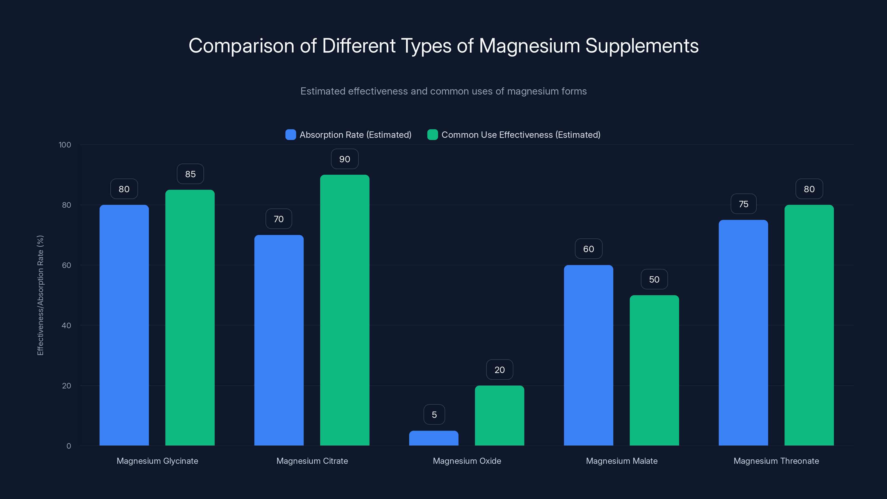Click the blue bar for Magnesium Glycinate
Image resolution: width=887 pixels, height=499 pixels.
point(124,325)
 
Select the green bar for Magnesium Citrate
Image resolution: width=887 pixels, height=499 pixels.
point(345,310)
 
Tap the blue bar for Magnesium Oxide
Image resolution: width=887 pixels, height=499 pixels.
point(434,438)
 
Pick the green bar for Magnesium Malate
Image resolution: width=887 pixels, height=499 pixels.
point(654,370)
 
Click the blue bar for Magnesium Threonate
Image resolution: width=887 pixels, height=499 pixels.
point(743,333)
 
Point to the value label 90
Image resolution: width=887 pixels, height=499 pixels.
point(345,159)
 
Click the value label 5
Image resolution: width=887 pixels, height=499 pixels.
point(434,415)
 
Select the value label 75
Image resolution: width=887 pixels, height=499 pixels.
point(743,204)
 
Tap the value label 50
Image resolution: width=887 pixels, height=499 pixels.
point(654,279)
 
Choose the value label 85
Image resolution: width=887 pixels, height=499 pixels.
point(190,174)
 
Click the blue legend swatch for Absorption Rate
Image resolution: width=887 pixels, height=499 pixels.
point(290,135)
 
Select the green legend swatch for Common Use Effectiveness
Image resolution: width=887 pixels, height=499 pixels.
point(432,135)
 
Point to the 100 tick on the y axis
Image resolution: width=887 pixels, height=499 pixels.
point(65,145)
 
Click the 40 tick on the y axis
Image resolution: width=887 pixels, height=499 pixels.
point(66,325)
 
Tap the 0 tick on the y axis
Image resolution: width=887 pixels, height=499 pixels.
point(68,446)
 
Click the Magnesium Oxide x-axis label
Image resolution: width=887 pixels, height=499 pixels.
point(467,461)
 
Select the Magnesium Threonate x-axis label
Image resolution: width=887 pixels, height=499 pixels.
point(776,461)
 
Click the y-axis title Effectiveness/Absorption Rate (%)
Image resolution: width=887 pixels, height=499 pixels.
point(40,295)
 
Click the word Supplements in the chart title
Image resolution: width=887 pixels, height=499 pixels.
point(642,46)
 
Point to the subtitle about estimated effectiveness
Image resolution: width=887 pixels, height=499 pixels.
point(443,91)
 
